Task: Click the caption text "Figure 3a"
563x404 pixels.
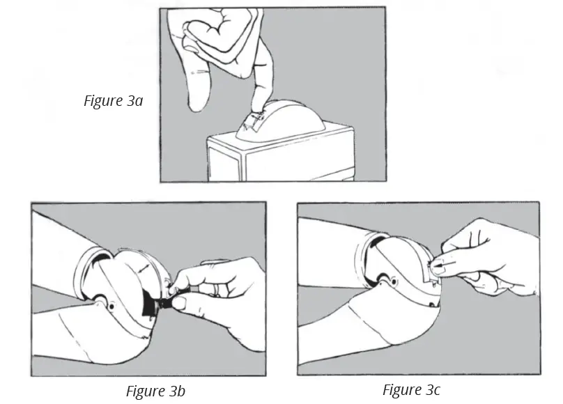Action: pyautogui.click(x=113, y=100)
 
